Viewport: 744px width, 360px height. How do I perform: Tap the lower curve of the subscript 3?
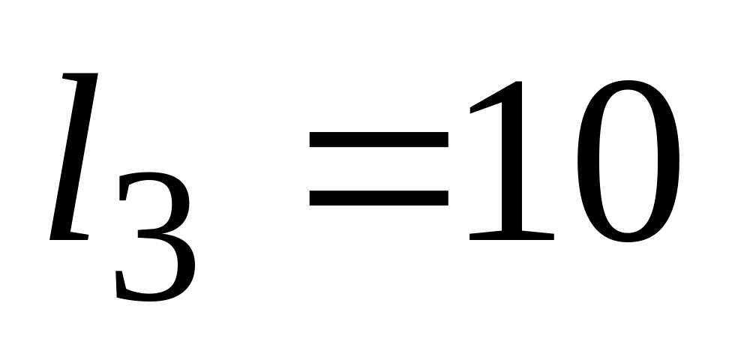161,289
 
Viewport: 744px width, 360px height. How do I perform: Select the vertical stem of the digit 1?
511,172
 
